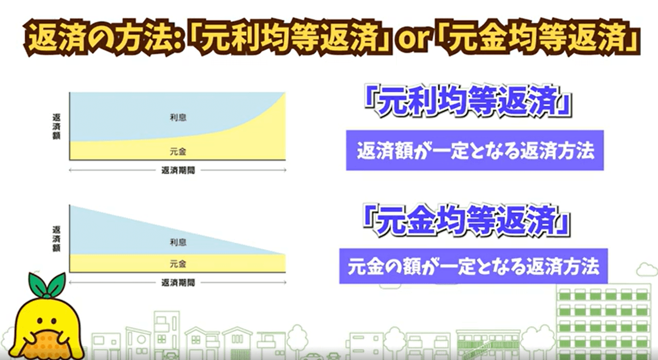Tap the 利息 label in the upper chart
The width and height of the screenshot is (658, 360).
click(x=178, y=118)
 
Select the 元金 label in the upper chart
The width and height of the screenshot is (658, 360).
click(x=178, y=152)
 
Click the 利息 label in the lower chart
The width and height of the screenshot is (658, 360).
click(x=178, y=242)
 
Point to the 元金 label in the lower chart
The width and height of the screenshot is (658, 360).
click(x=178, y=264)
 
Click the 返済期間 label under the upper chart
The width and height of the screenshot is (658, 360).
click(x=178, y=170)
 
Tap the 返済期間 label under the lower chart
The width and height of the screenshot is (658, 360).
click(x=178, y=283)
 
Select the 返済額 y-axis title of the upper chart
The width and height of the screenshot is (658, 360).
click(x=56, y=127)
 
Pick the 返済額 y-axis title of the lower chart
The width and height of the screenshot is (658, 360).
click(x=56, y=239)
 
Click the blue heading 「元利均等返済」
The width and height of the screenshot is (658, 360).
click(x=468, y=101)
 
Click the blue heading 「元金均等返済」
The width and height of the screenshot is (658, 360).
click(x=467, y=219)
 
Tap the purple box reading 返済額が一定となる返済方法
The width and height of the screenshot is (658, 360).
click(x=475, y=150)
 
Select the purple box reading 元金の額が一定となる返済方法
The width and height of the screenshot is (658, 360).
click(x=473, y=266)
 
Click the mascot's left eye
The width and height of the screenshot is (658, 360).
click(x=40, y=321)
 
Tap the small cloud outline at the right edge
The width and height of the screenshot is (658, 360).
click(x=647, y=270)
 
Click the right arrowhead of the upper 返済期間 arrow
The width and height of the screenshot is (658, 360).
click(x=285, y=170)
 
